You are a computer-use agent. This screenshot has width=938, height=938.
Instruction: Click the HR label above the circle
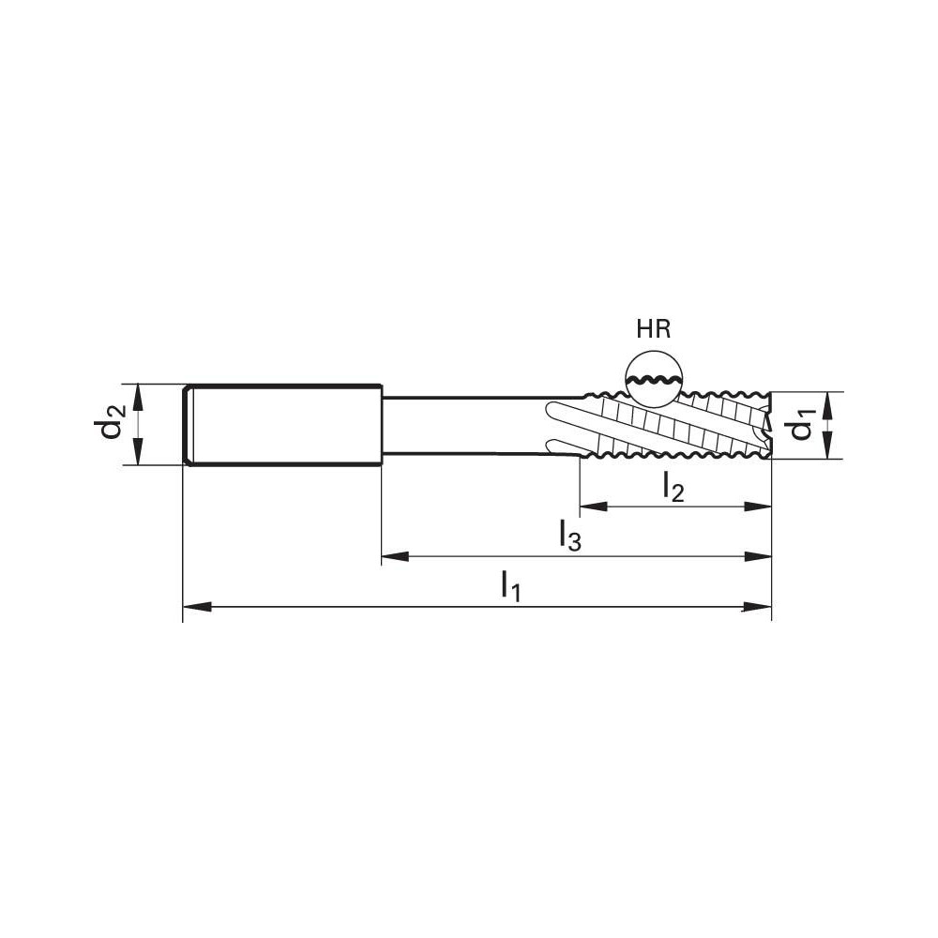click(654, 329)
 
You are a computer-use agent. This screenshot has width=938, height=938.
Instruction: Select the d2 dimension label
click(112, 424)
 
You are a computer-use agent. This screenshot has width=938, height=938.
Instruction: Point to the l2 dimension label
click(673, 486)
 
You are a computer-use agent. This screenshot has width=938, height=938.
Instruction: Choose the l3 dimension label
click(569, 537)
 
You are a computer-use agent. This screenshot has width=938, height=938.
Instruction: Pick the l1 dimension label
click(510, 587)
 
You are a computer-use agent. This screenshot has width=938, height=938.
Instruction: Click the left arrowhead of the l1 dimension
click(193, 608)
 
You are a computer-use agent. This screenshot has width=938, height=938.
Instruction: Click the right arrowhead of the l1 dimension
click(759, 608)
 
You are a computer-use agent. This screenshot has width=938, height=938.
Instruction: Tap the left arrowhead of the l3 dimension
click(392, 557)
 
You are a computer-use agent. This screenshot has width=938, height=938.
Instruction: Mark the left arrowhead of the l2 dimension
click(592, 507)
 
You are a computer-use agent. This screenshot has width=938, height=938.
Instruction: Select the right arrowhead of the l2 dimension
click(759, 507)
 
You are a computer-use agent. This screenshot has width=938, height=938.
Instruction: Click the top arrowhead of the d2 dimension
click(138, 394)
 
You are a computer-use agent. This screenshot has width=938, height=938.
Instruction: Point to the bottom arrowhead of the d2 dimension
click(138, 453)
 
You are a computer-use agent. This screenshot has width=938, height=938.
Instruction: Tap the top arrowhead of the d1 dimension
click(828, 401)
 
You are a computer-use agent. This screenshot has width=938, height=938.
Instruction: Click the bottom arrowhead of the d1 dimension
click(828, 448)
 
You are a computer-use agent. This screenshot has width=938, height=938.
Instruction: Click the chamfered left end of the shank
click(188, 424)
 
